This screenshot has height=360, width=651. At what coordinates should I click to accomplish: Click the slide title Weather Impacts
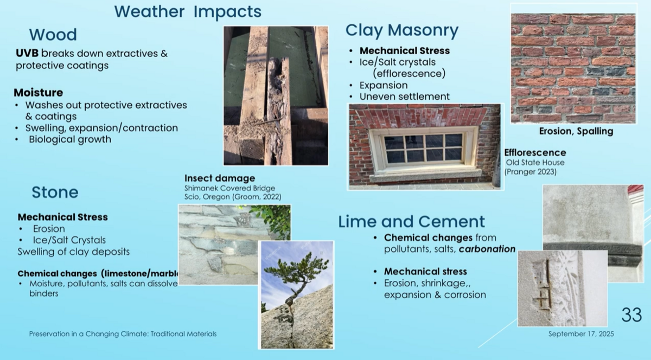coord(188,11)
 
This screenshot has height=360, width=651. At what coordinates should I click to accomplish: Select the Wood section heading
coord(53,35)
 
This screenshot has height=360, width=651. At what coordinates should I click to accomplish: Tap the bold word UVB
coord(27,54)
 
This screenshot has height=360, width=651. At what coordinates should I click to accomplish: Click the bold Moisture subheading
coord(38,93)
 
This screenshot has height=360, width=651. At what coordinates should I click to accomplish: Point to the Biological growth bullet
coord(70,139)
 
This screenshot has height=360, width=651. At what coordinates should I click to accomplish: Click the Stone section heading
coord(55,192)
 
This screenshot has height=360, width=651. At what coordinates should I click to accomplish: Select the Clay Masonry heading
coord(402,30)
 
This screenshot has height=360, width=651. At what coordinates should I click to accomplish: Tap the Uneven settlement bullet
coord(405,97)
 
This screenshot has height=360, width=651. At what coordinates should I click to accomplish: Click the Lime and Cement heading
coord(412,221)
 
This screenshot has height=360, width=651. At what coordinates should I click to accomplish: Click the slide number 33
coord(631,314)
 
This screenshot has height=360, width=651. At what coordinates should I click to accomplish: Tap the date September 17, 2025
coord(581,334)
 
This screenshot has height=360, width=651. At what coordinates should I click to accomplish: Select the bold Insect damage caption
coord(220,178)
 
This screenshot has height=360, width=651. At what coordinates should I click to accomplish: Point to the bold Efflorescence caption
coord(535,153)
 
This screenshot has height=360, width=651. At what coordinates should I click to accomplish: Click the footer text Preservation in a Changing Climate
coord(123,334)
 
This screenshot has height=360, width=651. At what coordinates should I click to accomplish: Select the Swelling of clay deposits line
coord(74,252)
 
